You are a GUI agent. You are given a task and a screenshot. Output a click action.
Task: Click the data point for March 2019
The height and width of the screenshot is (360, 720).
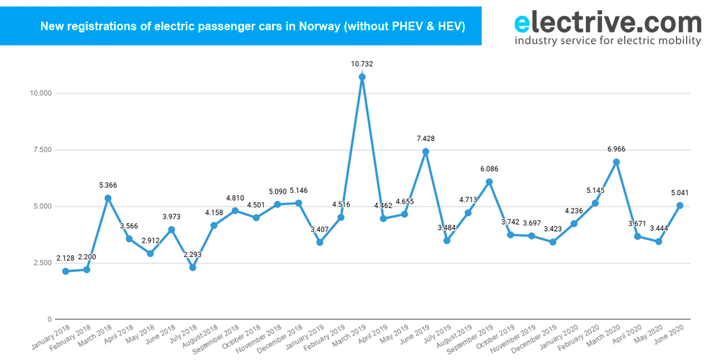tap(361, 77)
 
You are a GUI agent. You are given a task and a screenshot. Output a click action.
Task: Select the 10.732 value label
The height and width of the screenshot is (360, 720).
tap(361, 64)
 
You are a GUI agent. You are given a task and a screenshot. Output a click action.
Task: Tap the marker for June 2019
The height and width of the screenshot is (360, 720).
tap(425, 151)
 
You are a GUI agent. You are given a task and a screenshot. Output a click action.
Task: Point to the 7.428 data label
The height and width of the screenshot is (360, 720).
tap(425, 138)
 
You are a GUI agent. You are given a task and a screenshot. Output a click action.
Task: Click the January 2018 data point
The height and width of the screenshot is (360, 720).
tap(66, 271)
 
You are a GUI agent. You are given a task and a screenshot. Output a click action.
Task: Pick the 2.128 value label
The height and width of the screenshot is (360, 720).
tap(66, 258)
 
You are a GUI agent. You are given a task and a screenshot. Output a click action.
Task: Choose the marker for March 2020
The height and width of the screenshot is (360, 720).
tap(616, 162)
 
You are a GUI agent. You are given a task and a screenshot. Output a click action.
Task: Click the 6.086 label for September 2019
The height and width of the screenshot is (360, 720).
tap(488, 169)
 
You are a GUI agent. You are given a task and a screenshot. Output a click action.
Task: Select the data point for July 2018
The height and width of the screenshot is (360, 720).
tap(192, 268)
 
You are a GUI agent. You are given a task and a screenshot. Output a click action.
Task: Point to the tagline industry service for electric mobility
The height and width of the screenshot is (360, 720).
tap(608, 41)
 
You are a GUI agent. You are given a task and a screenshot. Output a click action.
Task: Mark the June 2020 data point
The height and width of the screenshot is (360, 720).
tap(680, 205)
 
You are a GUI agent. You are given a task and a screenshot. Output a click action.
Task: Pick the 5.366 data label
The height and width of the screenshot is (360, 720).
tap(108, 185)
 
